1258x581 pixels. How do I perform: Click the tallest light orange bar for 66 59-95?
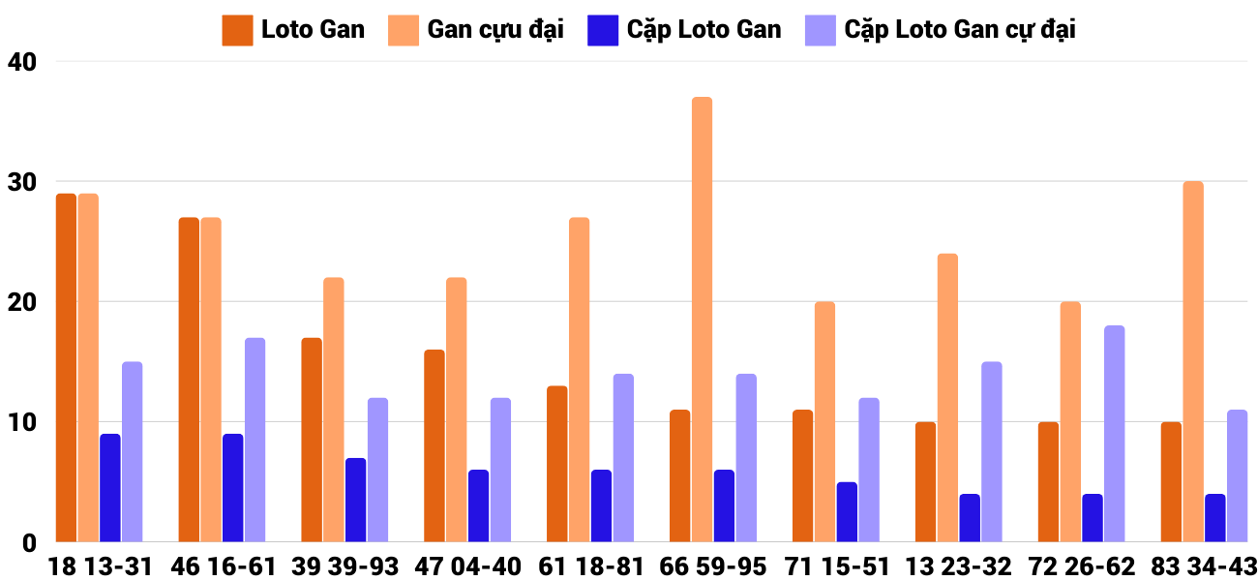click(703, 320)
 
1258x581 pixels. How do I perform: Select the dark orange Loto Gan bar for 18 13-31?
click(66, 368)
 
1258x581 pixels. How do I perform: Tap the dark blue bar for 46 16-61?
click(232, 488)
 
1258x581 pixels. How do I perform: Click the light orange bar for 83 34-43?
click(1193, 362)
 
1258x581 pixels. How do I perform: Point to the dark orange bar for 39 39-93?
click(312, 440)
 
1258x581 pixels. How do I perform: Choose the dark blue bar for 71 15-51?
click(847, 512)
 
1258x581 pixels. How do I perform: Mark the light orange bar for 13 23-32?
click(947, 398)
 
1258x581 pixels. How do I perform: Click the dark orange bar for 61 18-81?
click(557, 464)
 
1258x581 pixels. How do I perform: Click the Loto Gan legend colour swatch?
click(237, 30)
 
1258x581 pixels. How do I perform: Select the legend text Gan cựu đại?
click(495, 30)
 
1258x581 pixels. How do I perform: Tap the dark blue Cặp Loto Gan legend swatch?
click(603, 30)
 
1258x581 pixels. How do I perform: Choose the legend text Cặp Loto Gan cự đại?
click(960, 30)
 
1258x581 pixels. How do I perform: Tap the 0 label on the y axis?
click(29, 543)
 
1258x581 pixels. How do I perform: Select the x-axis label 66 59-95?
click(712, 566)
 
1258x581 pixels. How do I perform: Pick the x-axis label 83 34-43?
click(1203, 566)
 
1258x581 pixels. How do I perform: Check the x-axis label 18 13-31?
click(101, 566)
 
